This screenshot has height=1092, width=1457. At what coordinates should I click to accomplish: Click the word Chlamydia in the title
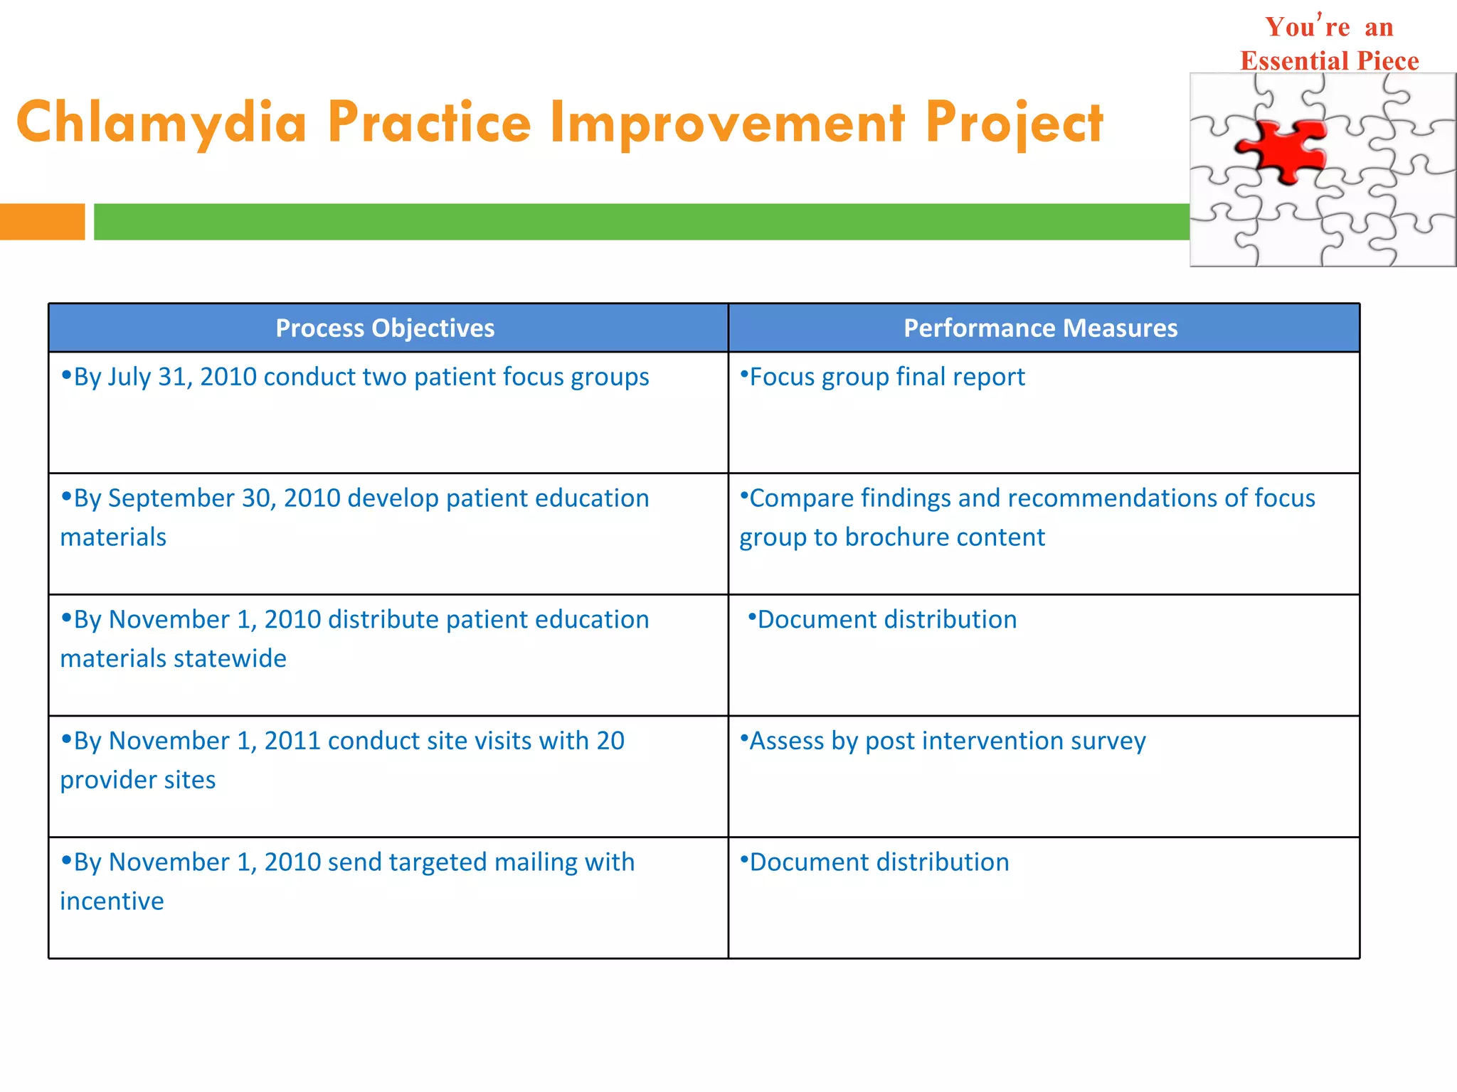(161, 122)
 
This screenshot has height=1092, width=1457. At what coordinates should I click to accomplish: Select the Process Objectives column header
(385, 328)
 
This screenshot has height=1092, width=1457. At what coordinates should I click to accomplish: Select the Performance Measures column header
(1040, 328)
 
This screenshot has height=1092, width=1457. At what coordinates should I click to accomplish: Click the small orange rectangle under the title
(42, 222)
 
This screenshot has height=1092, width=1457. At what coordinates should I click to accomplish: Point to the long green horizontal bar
(640, 222)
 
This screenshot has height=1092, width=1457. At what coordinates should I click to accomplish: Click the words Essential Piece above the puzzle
(1329, 61)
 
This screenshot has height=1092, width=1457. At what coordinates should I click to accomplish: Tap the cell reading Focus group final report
(887, 377)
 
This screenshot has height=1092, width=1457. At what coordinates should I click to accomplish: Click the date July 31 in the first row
(147, 377)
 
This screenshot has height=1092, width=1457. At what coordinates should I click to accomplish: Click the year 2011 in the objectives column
(292, 741)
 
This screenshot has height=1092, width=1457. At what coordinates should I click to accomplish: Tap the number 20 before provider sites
(610, 741)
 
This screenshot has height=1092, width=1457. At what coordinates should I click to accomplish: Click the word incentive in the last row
(112, 901)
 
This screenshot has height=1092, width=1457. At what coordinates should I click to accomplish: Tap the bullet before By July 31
(66, 375)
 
